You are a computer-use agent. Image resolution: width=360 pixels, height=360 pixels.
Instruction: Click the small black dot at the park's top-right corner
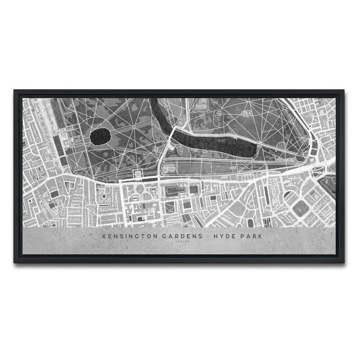284,108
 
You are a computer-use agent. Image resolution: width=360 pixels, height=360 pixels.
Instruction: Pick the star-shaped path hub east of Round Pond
134,127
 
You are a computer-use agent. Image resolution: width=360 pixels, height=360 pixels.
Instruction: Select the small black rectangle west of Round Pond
76,139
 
